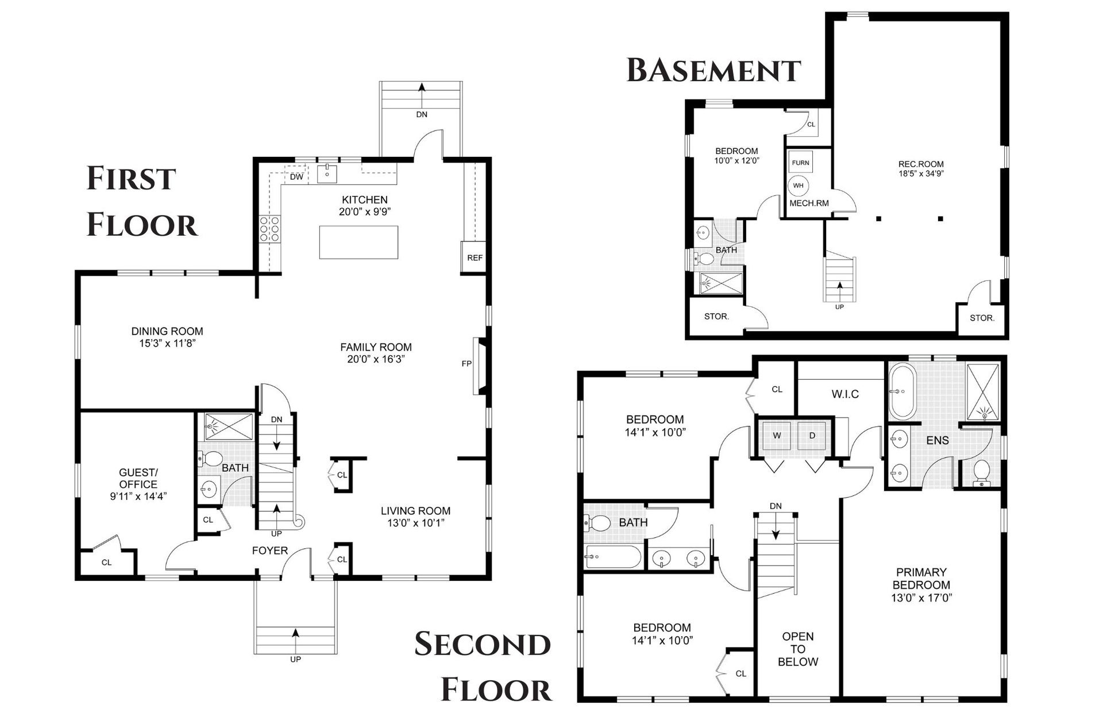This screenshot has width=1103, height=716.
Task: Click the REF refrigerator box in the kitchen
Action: [475, 257]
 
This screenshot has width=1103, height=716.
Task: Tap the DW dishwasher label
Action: [296, 177]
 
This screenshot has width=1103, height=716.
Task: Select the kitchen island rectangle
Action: [358, 242]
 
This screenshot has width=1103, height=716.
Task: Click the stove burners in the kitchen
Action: [269, 228]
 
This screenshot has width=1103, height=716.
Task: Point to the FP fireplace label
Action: [466, 364]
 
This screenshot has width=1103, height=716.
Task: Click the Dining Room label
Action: [167, 331]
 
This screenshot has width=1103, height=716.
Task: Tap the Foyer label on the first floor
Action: [270, 551]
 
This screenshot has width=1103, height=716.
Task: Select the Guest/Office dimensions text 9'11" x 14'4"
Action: [138, 496]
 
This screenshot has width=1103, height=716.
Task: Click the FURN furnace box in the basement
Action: [800, 163]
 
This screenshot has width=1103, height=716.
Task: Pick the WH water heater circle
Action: [799, 185]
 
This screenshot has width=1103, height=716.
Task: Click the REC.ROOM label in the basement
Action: [921, 164]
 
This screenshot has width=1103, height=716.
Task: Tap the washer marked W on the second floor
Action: [777, 436]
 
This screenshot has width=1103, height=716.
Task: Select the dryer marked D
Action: [812, 436]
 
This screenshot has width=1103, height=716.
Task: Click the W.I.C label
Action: [845, 394]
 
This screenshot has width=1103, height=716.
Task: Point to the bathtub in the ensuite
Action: [902, 391]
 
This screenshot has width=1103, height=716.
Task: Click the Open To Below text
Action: [798, 649]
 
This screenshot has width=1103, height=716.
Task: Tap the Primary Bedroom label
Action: [921, 579]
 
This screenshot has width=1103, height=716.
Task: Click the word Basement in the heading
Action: [714, 71]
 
